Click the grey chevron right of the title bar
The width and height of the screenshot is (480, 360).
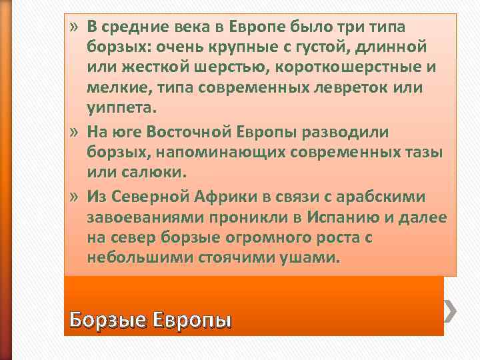tap(453, 310)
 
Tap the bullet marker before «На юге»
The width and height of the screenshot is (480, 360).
tap(75, 131)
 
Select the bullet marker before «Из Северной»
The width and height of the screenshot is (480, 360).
tap(75, 197)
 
